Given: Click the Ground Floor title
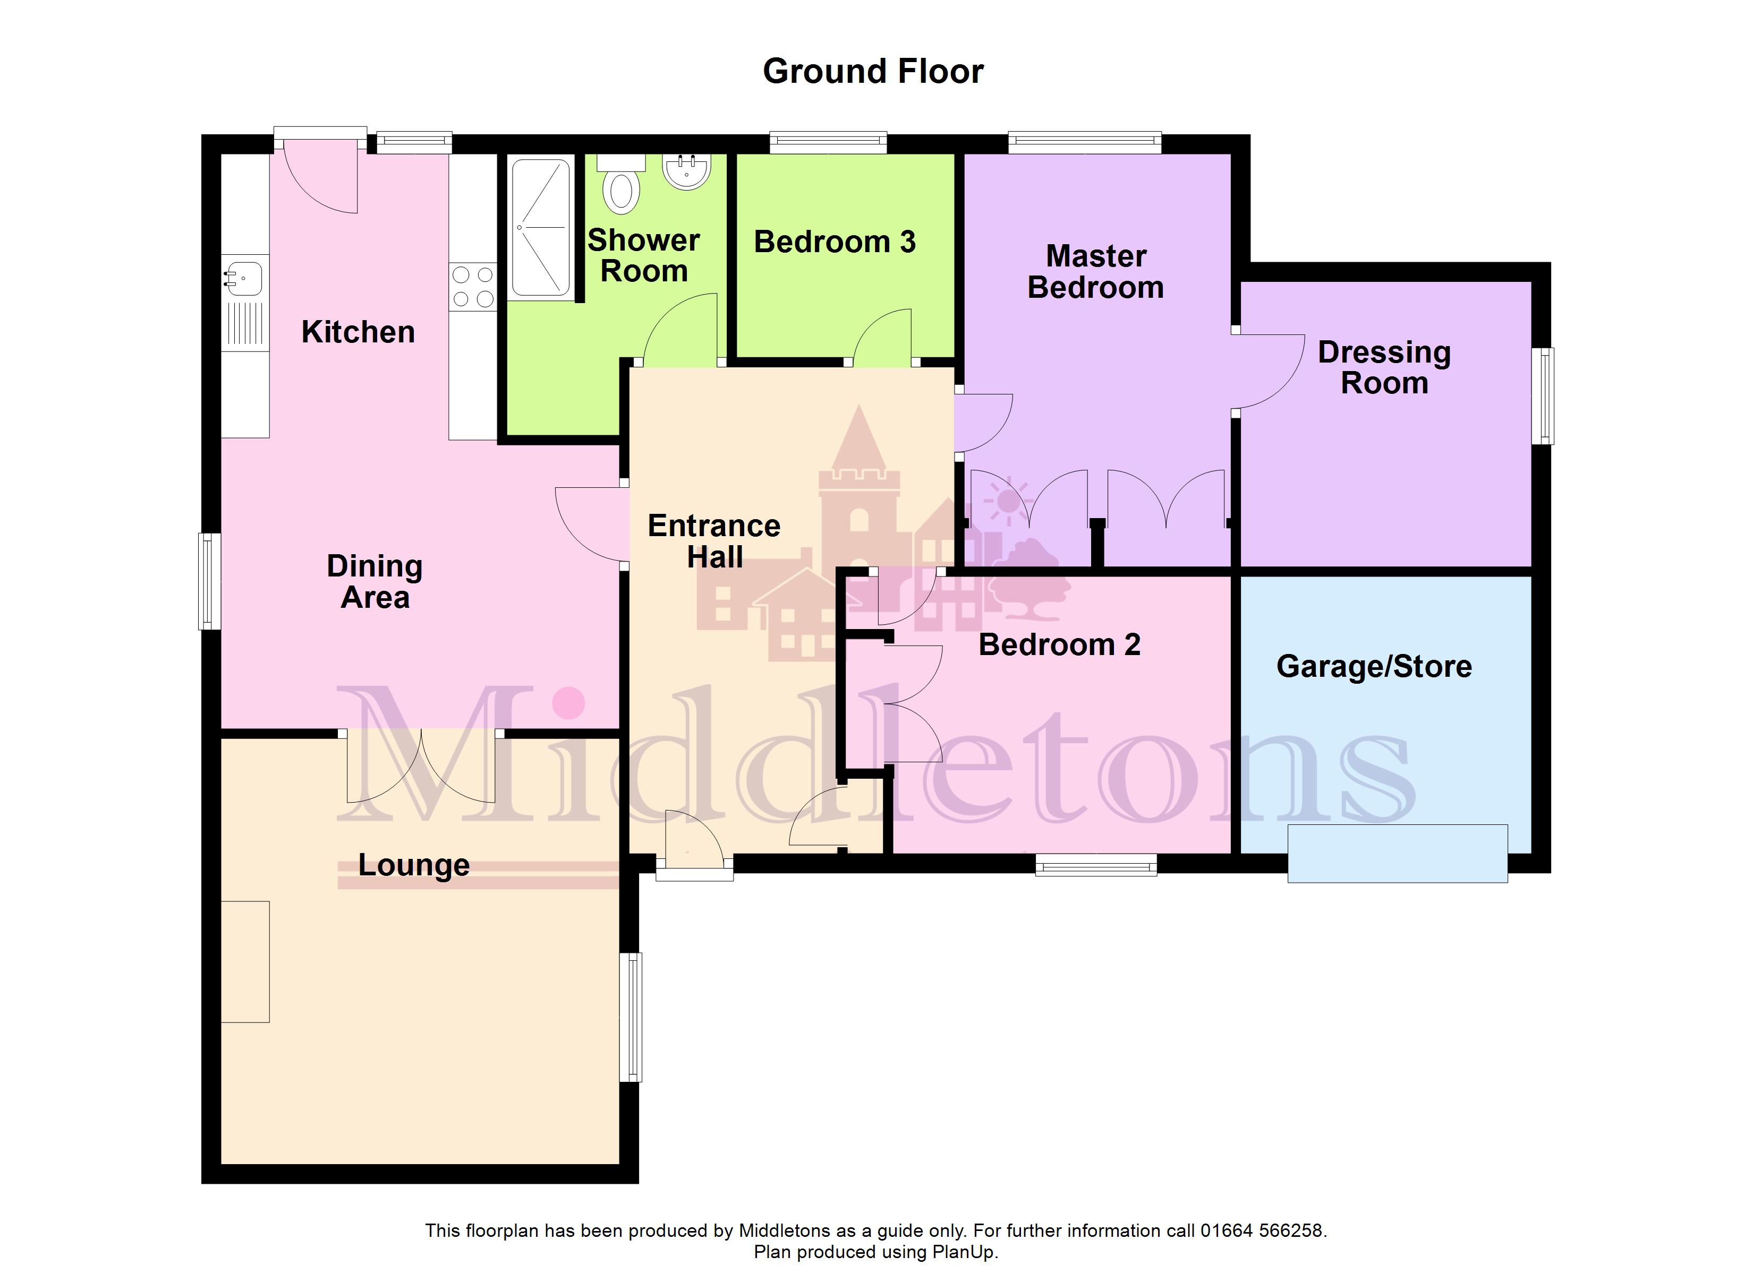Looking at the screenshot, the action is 873,71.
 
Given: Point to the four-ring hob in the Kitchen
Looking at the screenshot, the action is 473,286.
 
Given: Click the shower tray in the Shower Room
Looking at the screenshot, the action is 541,227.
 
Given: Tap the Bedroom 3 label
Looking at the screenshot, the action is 835,242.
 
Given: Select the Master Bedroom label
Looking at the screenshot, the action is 1096,271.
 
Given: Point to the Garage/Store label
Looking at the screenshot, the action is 1374,666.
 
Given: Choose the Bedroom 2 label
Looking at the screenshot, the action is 1060,644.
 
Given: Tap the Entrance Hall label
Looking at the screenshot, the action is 714,541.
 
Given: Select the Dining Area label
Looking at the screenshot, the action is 375,582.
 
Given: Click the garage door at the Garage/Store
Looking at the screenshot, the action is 1398,853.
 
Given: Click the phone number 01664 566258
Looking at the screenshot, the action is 1263,1230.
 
